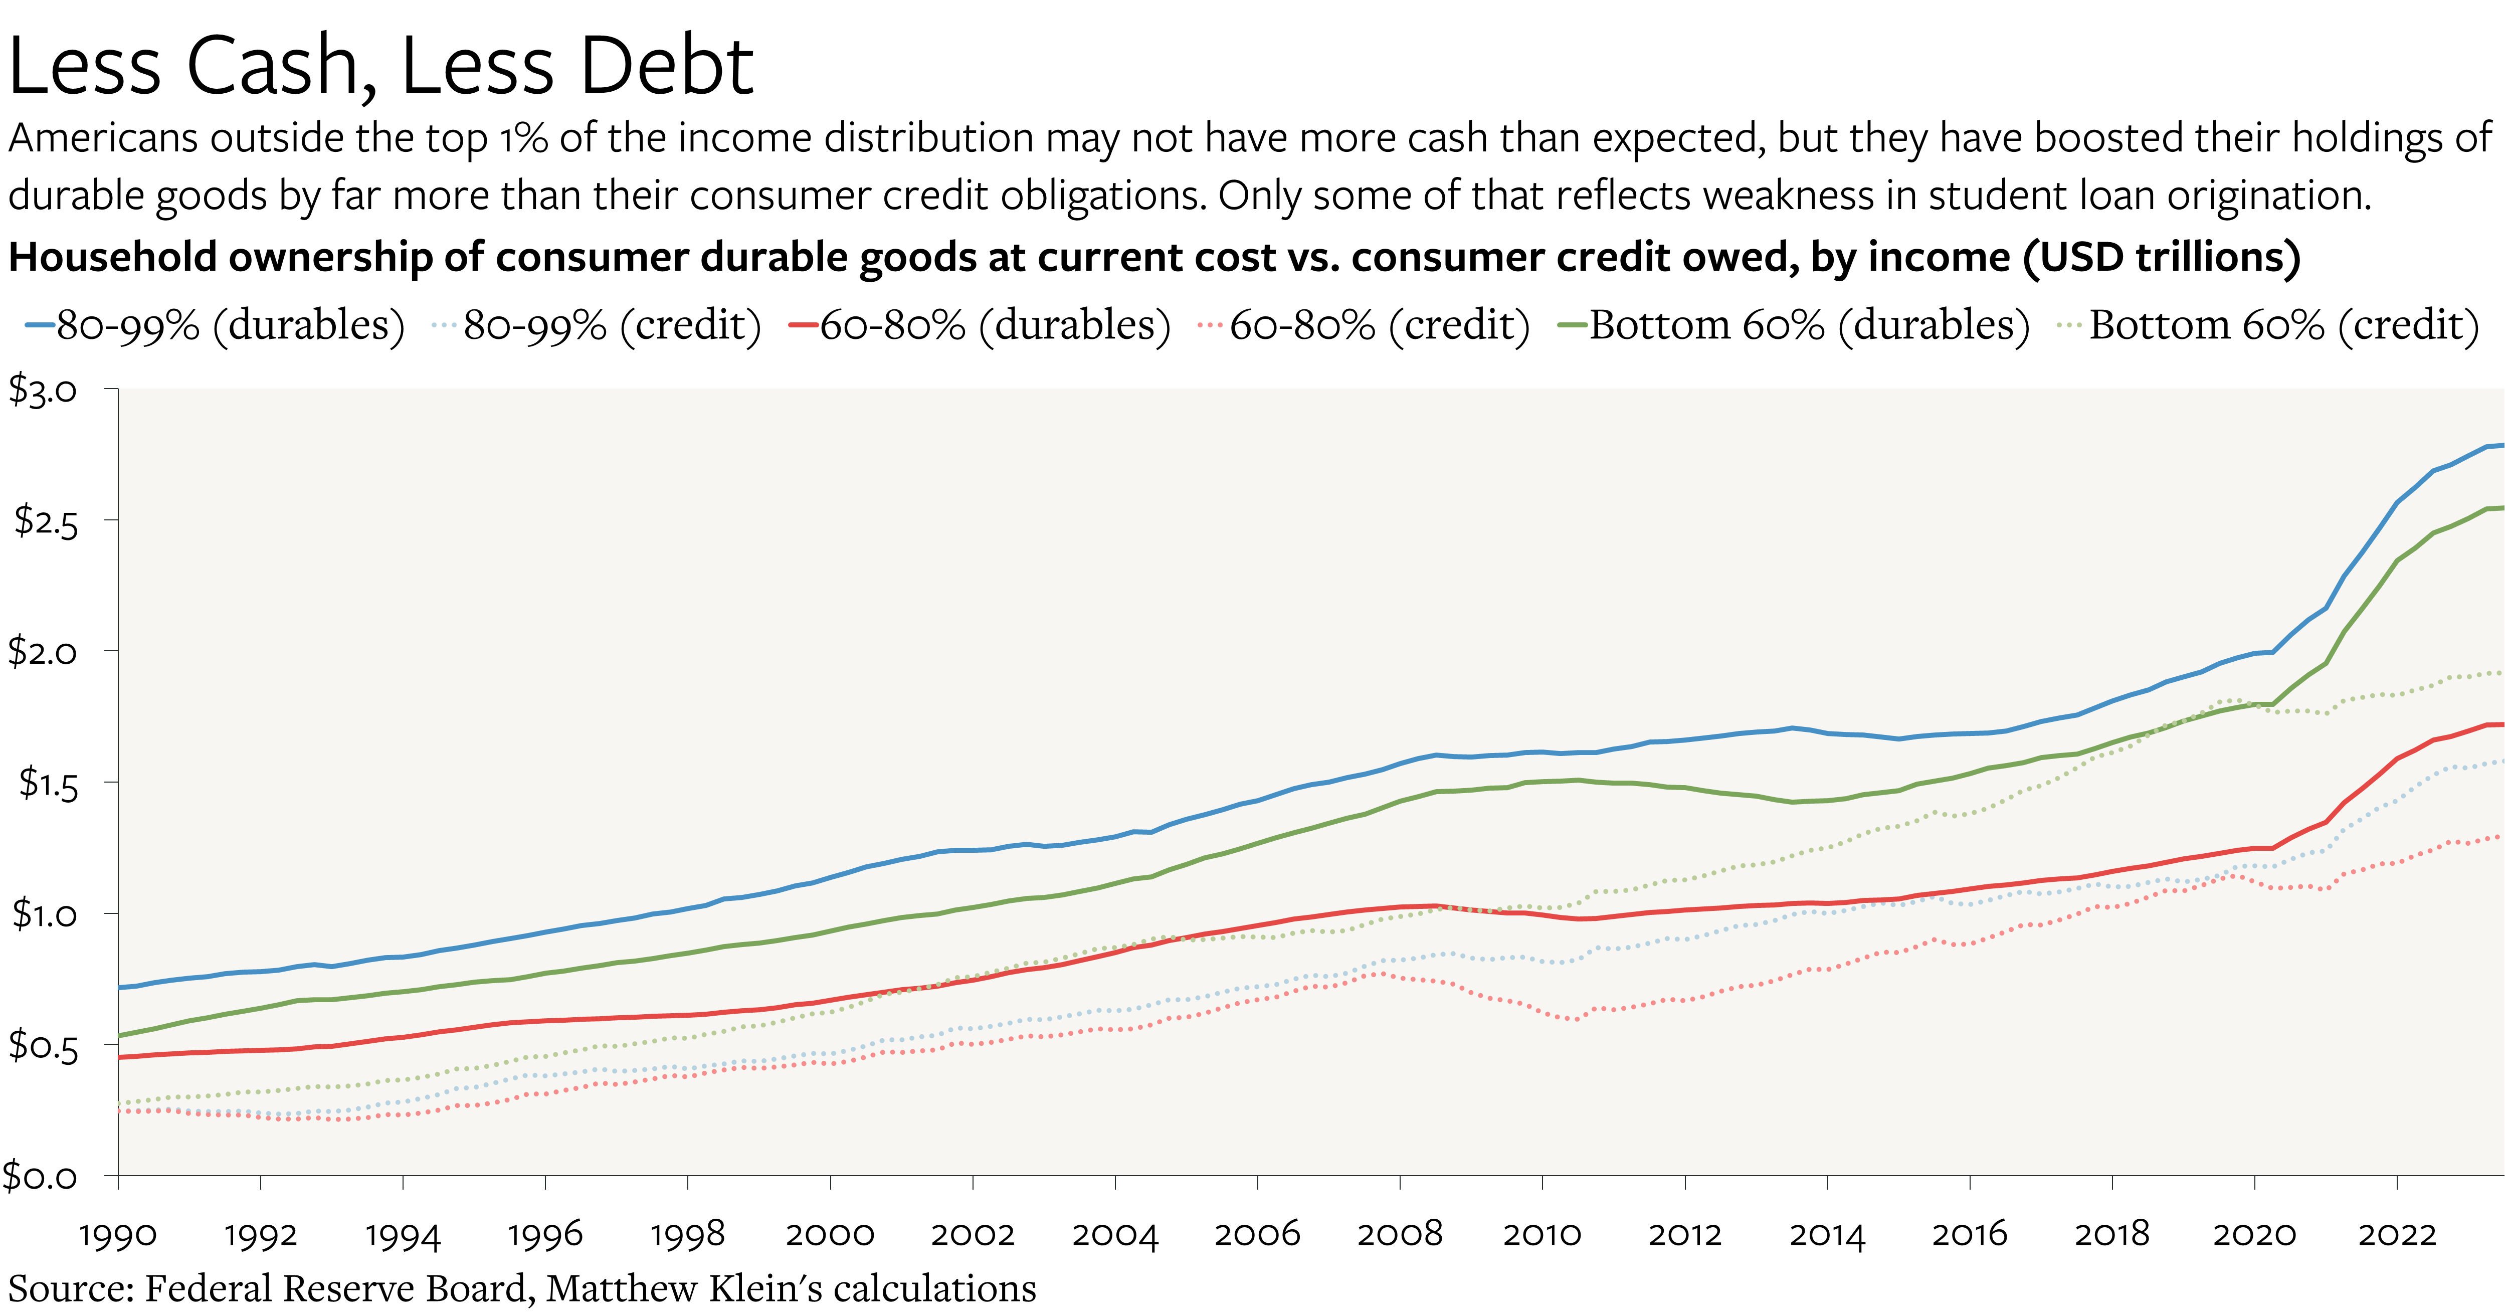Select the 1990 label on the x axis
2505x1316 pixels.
point(118,1235)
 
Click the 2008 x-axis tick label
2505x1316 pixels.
point(1399,1235)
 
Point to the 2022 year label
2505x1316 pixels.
point(2397,1235)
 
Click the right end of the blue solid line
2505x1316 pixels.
point(2501,446)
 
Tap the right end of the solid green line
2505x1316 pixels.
point(2501,508)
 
